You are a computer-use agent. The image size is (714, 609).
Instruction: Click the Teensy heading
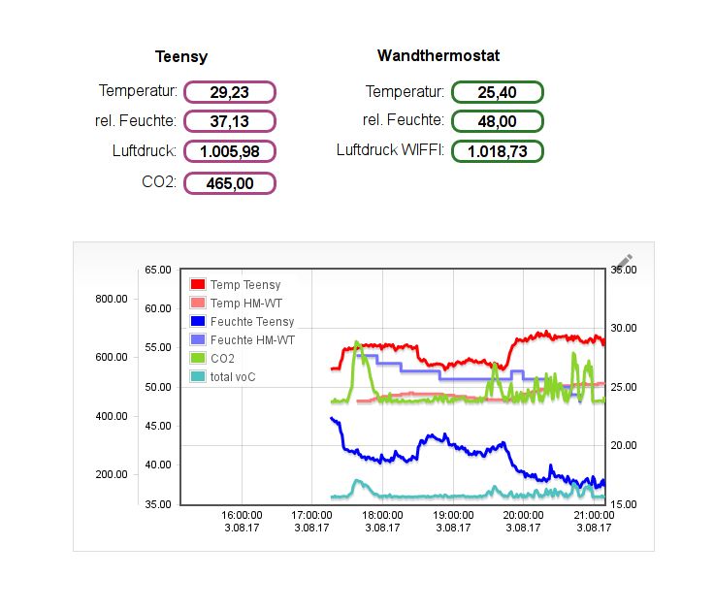181,57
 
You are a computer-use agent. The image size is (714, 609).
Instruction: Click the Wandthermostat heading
438,56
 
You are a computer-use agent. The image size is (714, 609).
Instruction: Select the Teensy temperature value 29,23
230,92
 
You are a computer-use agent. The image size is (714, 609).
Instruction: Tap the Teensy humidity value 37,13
230,121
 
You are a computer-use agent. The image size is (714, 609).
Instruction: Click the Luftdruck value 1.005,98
230,151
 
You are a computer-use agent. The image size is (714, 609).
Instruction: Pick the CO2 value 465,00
230,182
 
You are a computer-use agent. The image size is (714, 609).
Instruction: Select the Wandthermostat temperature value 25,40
497,92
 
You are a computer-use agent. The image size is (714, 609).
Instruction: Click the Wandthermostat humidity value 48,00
497,121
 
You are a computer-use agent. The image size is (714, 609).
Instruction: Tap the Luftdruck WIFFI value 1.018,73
497,151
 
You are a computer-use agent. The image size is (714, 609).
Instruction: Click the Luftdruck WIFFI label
390,150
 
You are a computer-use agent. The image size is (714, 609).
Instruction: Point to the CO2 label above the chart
159,181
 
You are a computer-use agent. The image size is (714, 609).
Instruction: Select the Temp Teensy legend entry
244,285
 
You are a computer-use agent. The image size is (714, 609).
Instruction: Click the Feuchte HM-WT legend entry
251,340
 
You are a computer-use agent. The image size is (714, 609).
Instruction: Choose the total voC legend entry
232,377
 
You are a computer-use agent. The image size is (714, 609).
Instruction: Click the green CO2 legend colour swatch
198,359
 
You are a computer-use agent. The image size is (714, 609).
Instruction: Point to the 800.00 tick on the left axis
112,299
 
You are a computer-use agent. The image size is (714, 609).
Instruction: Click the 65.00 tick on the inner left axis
158,270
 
